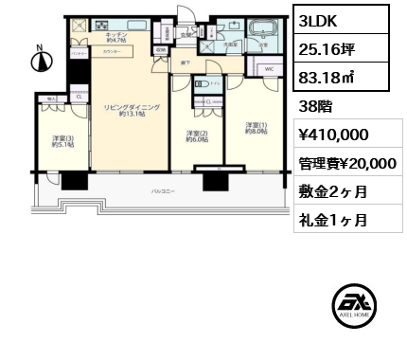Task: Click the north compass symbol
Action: pyautogui.click(x=40, y=63)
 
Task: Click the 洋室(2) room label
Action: pyautogui.click(x=196, y=137)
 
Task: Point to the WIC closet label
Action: pyautogui.click(x=269, y=69)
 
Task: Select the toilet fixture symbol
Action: pyautogui.click(x=202, y=85)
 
